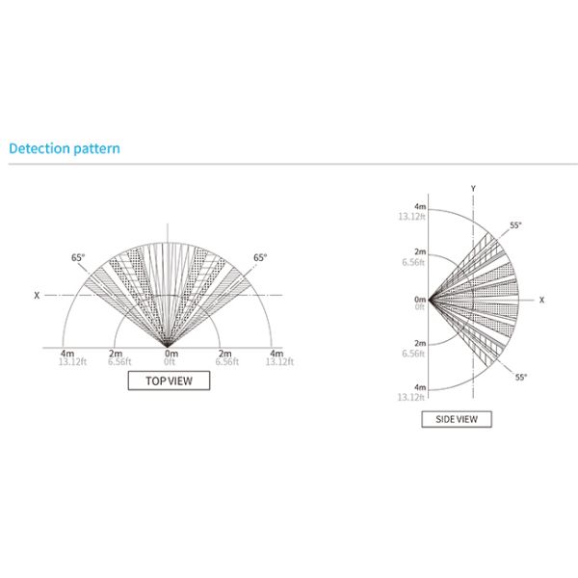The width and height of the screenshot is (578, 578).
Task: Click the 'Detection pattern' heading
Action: tap(65, 148)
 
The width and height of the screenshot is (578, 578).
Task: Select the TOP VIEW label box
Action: tap(169, 381)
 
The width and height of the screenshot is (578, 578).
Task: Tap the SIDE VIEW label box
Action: tap(457, 419)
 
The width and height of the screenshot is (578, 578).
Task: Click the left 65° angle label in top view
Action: tap(78, 257)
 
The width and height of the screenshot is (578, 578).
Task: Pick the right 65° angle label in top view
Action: tap(260, 257)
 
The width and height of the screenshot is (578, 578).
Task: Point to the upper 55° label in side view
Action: tap(515, 225)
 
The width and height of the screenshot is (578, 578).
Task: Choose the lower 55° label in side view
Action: tap(521, 377)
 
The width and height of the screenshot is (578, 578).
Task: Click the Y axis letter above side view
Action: tap(473, 189)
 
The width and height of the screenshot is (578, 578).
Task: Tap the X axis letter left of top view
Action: tap(37, 296)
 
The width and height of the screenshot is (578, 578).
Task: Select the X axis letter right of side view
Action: tap(541, 300)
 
